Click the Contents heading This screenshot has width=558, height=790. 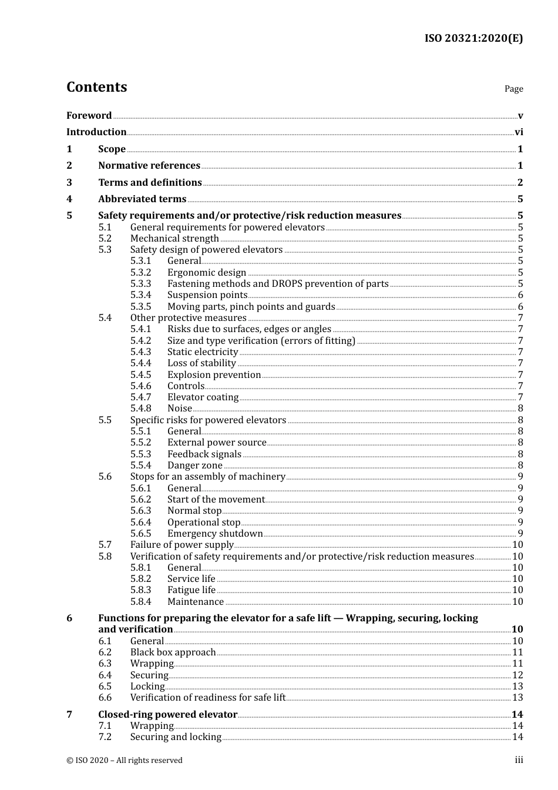click(x=96, y=87)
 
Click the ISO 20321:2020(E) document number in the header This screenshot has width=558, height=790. click(x=473, y=38)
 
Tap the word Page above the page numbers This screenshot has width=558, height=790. click(x=513, y=89)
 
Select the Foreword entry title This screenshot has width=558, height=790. click(x=89, y=116)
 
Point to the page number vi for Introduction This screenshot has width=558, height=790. click(x=519, y=132)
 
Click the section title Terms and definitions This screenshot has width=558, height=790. click(x=150, y=183)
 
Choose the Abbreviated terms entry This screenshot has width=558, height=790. click(x=142, y=199)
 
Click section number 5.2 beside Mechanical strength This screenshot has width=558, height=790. click(x=105, y=239)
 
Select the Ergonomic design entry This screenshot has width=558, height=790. click(x=207, y=273)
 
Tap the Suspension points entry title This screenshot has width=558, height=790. click(x=207, y=295)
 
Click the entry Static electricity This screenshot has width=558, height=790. click(x=203, y=352)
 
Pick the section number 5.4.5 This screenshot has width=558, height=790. click(x=140, y=375)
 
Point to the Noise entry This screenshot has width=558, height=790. click(x=180, y=409)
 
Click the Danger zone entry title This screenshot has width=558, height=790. click(x=195, y=466)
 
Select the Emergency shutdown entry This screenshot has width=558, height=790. click(x=215, y=534)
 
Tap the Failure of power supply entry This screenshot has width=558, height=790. click(x=182, y=545)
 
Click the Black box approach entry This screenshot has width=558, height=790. click(x=173, y=652)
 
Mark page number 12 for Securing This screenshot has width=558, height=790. click(x=517, y=675)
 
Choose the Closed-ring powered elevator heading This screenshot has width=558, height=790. click(x=167, y=715)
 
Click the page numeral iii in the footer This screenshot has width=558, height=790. click(x=519, y=760)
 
